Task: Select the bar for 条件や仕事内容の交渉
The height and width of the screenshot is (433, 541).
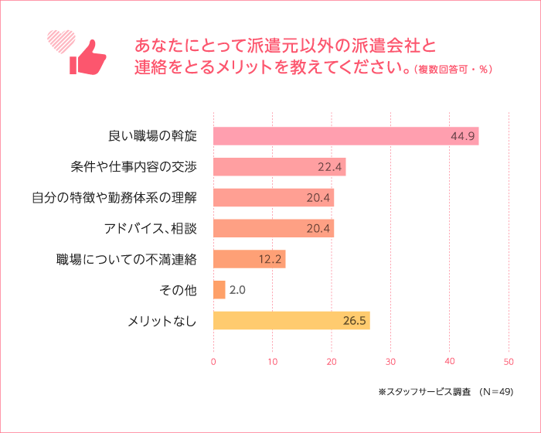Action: [279, 166]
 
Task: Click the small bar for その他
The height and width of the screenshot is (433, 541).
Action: [219, 290]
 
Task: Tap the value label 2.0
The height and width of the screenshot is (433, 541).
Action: [238, 290]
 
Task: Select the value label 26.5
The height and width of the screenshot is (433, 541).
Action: [353, 320]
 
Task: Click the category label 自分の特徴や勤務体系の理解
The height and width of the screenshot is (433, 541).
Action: [114, 197]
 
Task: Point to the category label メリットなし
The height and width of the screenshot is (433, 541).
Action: [162, 320]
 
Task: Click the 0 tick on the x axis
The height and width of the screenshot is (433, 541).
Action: [213, 361]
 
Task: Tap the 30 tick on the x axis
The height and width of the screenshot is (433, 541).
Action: [390, 361]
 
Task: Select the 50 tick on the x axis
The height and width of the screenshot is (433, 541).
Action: [509, 361]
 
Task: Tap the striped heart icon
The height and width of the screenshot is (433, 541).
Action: [60, 39]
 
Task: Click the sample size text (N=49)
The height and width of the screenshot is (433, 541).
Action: [496, 392]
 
